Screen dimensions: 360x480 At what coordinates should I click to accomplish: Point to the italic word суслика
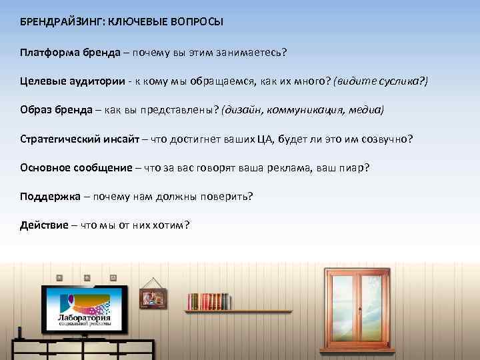click(397, 81)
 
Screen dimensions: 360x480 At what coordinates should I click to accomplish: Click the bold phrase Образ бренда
click(57, 109)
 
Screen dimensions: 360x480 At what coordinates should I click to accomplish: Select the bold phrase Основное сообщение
click(76, 167)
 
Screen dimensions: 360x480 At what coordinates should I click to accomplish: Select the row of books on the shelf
click(209, 301)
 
